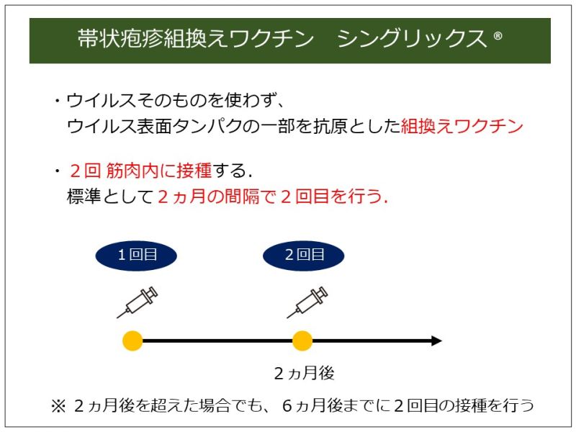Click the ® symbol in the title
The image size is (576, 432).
498,37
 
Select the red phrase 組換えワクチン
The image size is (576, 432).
462,127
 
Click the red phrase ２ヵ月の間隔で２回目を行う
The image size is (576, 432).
272,197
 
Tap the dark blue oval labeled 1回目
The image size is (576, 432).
136,254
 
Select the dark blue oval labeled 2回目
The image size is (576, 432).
304,254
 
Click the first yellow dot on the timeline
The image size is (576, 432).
132,341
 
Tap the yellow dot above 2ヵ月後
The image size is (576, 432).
302,341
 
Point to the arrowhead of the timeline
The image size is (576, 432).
436,341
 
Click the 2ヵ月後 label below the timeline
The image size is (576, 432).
304,373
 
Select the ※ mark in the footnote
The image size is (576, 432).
58,406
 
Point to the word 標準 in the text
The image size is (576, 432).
85,197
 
